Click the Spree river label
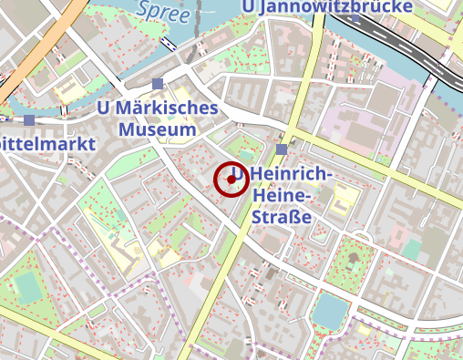(163, 12)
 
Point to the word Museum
(159, 129)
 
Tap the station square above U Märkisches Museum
(158, 84)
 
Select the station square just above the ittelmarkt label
(29, 119)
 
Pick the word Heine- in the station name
(284, 196)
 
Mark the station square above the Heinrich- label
(281, 149)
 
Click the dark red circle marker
(231, 179)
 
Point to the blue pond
(329, 313)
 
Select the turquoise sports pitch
(27, 288)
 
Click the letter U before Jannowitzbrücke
(251, 6)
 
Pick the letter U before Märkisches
(103, 108)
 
